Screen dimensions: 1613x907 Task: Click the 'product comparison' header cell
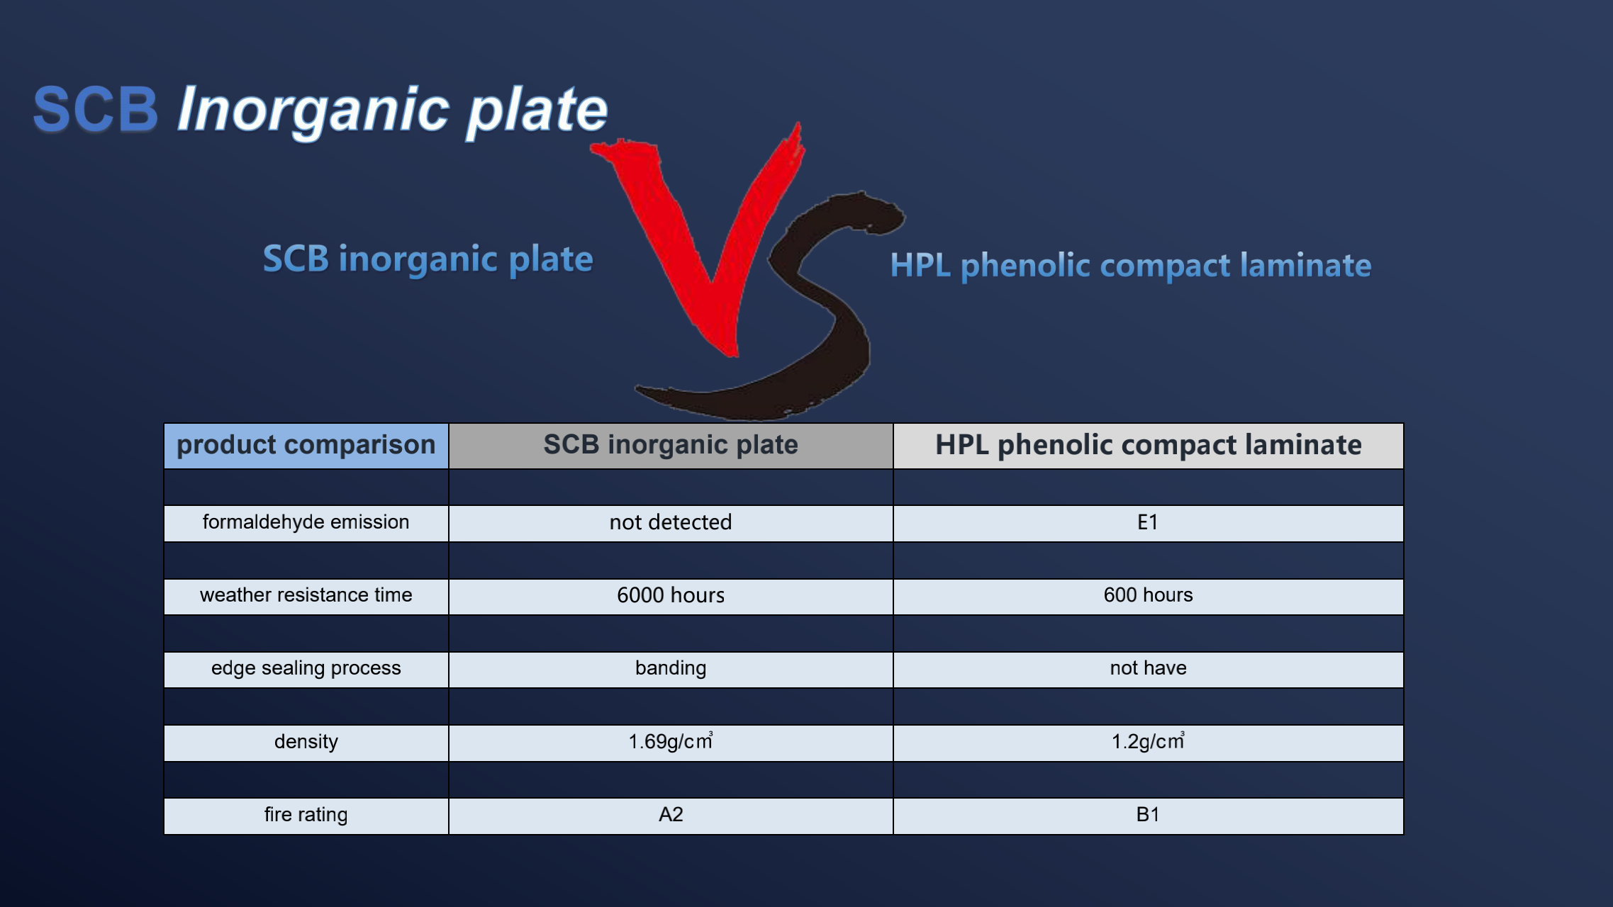tap(306, 446)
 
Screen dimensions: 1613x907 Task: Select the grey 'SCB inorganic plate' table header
tap(671, 446)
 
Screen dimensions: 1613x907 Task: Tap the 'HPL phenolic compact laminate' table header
tap(1149, 446)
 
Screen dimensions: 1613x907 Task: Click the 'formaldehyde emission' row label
tap(306, 523)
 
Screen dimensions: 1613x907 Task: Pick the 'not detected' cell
tap(671, 523)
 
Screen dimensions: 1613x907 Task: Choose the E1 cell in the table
tap(1149, 523)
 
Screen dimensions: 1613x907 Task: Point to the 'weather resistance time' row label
tap(306, 596)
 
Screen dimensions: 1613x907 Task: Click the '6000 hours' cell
tap(671, 596)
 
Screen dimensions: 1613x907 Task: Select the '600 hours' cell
tap(1149, 596)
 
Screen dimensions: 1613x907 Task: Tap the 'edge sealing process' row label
tap(306, 669)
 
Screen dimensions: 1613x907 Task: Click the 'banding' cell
tap(671, 669)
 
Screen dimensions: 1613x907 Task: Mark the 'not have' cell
tap(1149, 669)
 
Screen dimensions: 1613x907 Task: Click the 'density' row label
tap(306, 743)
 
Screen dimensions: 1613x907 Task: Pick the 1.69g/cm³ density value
tap(671, 743)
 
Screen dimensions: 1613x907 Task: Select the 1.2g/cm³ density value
tap(1149, 743)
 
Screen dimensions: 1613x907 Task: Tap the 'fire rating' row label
tap(306, 816)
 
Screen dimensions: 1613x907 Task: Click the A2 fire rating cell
tap(671, 816)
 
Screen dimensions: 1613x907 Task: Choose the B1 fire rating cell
tap(1149, 816)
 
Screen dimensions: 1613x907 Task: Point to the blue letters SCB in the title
tap(96, 110)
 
